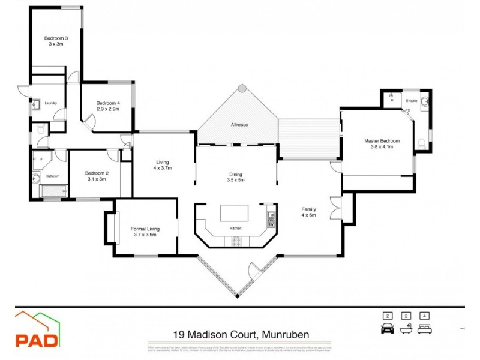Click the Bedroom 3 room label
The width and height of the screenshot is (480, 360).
click(56, 38)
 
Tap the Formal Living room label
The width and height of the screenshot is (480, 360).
click(145, 228)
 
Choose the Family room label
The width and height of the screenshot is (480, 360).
click(308, 209)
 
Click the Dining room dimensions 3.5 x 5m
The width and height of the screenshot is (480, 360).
click(238, 180)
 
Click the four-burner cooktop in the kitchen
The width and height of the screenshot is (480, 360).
click(233, 241)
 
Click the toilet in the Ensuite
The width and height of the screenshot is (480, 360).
click(421, 143)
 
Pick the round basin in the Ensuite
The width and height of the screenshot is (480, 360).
click(425, 101)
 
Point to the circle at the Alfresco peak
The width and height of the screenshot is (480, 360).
click(242, 88)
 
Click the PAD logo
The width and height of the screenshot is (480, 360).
click(37, 331)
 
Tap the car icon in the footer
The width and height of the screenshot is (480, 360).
click(388, 328)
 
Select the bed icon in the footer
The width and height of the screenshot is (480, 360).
click(424, 328)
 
